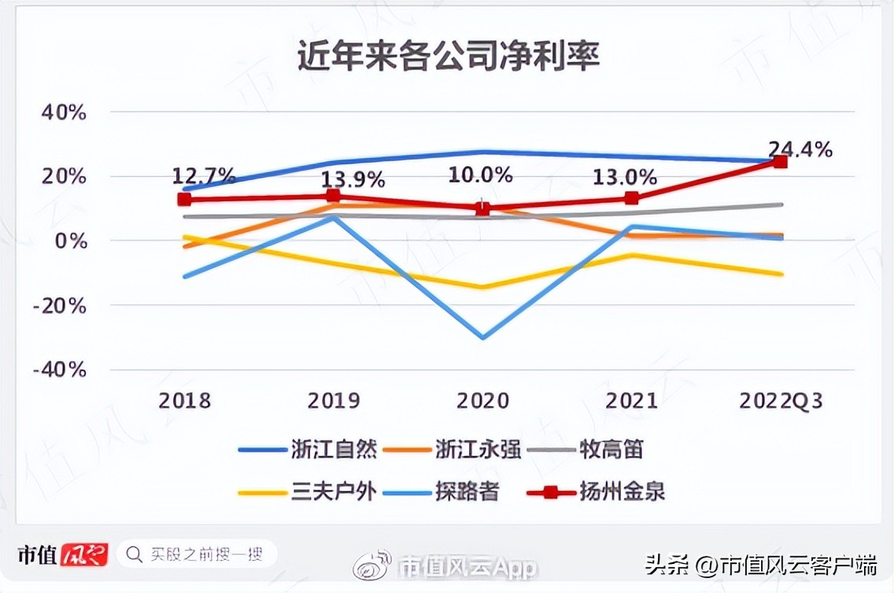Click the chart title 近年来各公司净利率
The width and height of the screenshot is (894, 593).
pos(448,58)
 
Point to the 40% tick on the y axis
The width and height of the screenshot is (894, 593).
pos(63,112)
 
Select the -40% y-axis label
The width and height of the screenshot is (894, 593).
pos(60,369)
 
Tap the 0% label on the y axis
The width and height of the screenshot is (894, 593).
pos(70,241)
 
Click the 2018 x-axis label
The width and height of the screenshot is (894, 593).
pos(185,400)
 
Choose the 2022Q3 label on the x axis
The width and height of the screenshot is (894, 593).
pos(781,400)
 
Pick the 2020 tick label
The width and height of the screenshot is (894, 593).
pos(482,400)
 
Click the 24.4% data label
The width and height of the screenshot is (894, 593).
pos(800,149)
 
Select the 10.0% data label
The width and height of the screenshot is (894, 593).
pos(481,175)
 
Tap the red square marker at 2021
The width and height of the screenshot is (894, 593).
pos(631,198)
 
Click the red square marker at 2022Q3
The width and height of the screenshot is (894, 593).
pos(780,162)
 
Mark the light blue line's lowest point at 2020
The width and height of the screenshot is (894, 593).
pos(482,337)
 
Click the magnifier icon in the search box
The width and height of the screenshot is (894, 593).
pos(135,554)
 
